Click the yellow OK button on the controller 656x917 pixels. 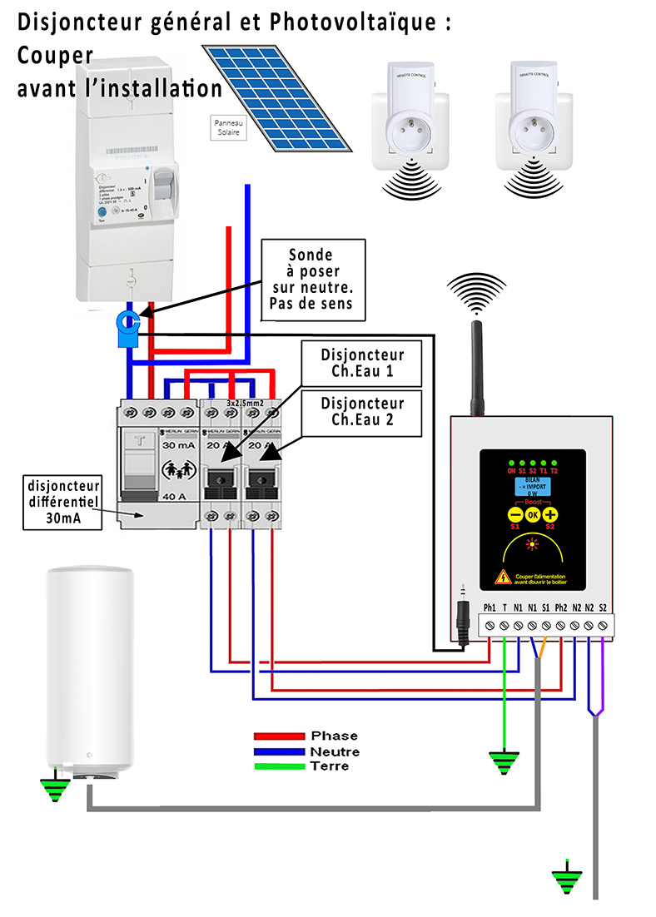532,513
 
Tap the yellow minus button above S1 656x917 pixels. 514,513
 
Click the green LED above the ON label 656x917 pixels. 512,463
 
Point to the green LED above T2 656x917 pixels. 554,463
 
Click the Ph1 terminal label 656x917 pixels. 490,608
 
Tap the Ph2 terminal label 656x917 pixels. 560,608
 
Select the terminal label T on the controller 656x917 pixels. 504,608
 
